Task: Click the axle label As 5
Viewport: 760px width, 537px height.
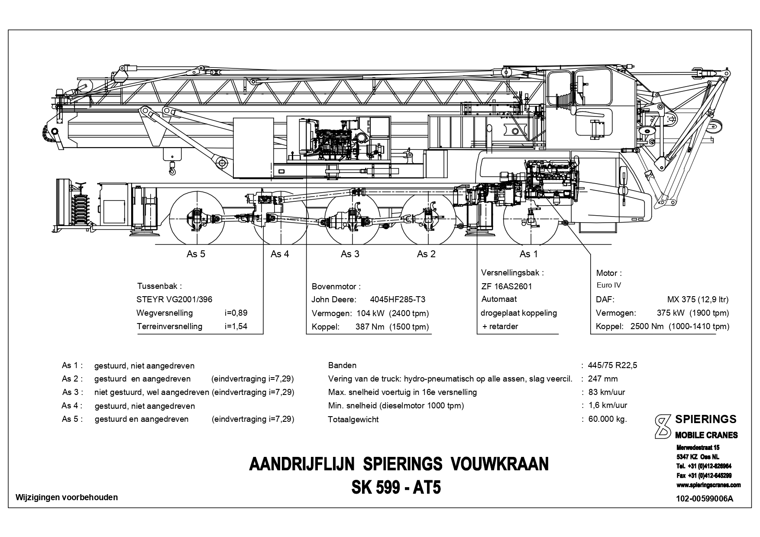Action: click(196, 254)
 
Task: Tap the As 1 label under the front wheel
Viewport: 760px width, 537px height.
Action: click(529, 254)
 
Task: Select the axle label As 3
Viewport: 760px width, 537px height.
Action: click(350, 254)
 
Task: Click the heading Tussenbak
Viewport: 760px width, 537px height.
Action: click(159, 286)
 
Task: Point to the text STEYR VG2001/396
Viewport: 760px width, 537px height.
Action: click(175, 300)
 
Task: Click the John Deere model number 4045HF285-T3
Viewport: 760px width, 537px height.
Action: click(398, 300)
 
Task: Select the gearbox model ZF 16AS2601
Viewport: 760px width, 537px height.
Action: click(507, 286)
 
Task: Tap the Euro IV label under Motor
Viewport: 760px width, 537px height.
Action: click(609, 285)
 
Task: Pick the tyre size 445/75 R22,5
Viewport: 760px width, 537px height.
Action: click(612, 365)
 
